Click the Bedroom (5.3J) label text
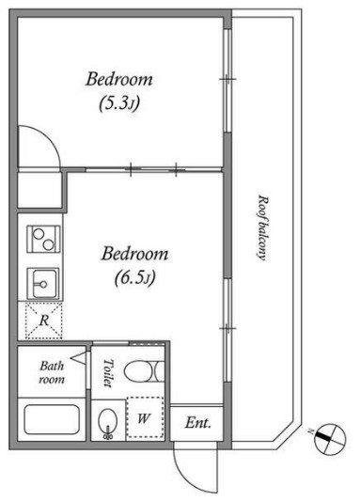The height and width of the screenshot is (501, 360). (119, 91)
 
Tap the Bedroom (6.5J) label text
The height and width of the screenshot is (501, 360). (134, 266)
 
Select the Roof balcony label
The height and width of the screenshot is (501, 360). (263, 227)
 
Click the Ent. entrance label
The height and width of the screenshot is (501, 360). (198, 423)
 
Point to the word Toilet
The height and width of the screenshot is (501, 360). (109, 373)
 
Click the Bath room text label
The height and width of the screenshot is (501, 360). (52, 372)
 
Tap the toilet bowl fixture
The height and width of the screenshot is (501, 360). (145, 371)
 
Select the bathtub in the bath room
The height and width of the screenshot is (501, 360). (52, 419)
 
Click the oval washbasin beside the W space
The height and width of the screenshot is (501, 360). (108, 422)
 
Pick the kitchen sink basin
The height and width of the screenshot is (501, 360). (43, 284)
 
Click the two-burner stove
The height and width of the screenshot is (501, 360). (43, 239)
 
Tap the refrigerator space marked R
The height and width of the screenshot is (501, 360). (44, 321)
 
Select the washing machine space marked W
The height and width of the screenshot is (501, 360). (145, 417)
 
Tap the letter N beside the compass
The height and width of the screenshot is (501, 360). (309, 431)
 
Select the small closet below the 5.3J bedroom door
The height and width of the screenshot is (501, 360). (39, 190)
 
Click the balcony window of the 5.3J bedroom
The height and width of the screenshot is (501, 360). (227, 81)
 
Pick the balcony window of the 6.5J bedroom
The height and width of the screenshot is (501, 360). (227, 330)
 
